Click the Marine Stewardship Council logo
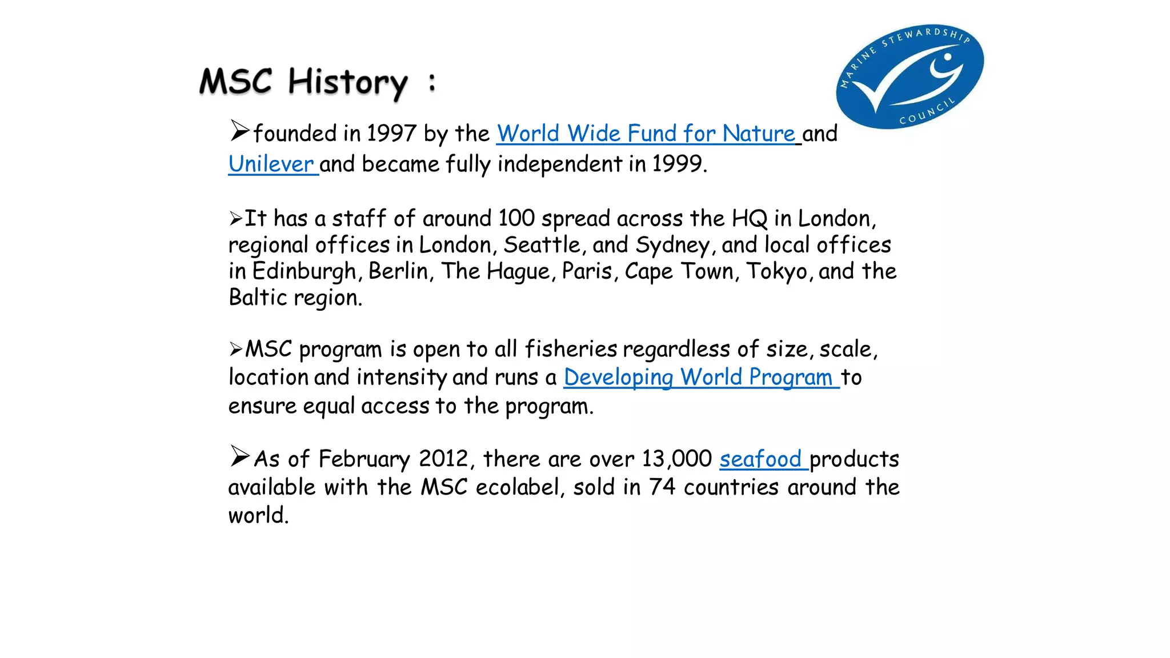click(x=909, y=77)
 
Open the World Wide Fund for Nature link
click(x=646, y=134)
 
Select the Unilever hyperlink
click(x=271, y=164)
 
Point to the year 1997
click(x=391, y=134)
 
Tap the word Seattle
click(x=542, y=245)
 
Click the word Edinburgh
click(x=304, y=271)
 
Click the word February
click(x=364, y=459)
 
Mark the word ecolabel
click(x=519, y=487)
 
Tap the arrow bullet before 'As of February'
click(x=239, y=456)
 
